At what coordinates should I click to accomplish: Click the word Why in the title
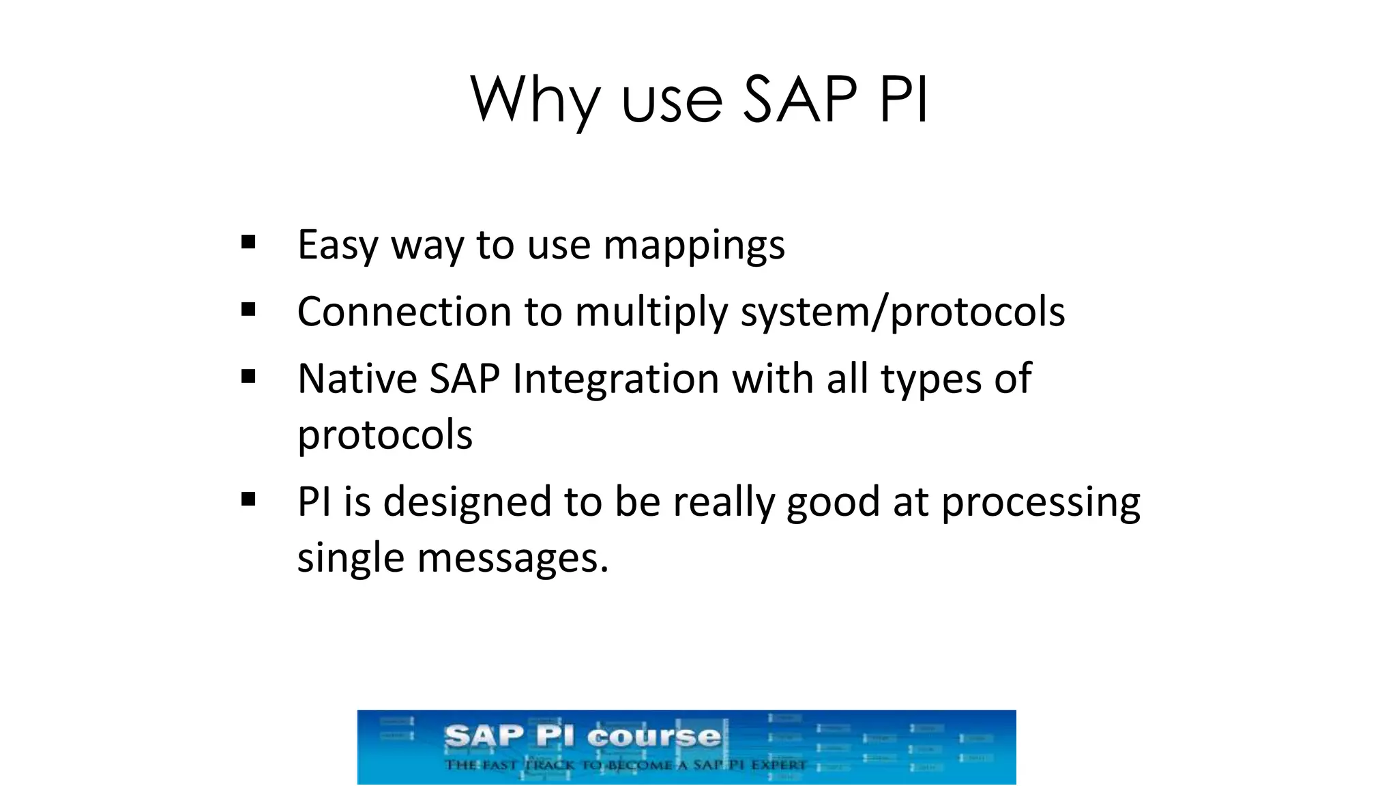point(535,100)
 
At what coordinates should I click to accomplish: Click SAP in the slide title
point(800,100)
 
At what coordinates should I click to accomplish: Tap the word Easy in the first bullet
point(337,245)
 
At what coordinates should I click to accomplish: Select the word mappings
point(694,246)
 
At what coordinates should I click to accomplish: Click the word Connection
point(404,312)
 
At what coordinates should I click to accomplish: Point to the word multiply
point(651,313)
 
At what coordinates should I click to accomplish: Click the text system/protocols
point(902,313)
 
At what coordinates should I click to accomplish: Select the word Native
point(357,379)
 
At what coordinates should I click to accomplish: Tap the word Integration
point(615,380)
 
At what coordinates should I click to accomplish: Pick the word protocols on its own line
point(385,435)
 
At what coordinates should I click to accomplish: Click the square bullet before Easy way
point(248,242)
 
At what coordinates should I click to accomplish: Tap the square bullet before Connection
point(248,310)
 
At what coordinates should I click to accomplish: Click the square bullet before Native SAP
point(248,377)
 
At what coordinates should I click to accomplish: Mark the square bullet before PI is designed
point(248,500)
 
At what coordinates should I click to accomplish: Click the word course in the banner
point(653,737)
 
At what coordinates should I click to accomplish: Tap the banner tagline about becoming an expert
point(625,765)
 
